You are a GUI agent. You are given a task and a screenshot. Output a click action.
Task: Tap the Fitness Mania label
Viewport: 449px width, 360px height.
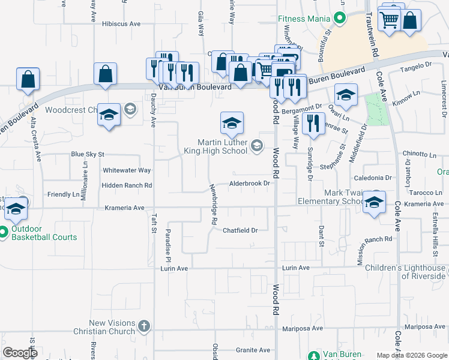point(304,19)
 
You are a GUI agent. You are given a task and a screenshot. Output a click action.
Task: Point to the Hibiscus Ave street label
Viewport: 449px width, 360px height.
point(121,24)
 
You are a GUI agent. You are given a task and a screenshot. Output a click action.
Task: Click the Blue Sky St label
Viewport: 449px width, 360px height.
point(88,154)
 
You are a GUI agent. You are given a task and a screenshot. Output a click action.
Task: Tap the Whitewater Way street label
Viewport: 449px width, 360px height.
point(127,170)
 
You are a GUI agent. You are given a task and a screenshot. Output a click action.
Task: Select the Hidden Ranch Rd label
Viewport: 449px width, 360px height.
point(127,186)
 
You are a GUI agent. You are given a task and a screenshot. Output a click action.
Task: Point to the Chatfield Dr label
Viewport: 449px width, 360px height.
point(240,230)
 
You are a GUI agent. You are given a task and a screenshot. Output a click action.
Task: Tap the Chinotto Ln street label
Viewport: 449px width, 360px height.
point(420,154)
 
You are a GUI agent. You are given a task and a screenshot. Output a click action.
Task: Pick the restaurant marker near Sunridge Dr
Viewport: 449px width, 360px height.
point(313,124)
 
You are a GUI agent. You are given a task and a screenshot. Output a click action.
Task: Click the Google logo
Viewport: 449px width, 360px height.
point(20,353)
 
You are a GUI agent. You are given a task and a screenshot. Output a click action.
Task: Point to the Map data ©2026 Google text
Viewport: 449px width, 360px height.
point(412,355)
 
